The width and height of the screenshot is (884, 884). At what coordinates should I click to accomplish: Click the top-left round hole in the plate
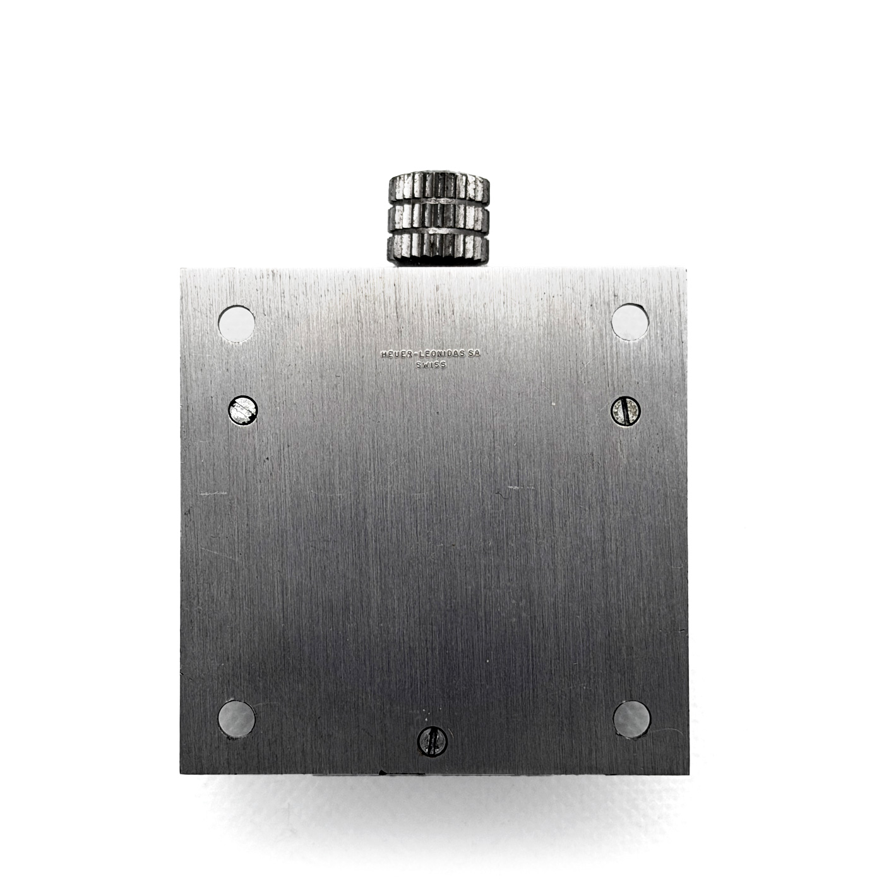[x=236, y=324]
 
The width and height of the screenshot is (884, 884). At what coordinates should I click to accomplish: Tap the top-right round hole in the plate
[x=630, y=322]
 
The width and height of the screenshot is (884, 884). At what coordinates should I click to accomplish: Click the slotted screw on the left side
[x=243, y=410]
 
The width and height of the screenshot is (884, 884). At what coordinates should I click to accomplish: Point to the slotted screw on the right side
[x=626, y=410]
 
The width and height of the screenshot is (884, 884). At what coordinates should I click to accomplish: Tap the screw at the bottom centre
[x=432, y=756]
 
